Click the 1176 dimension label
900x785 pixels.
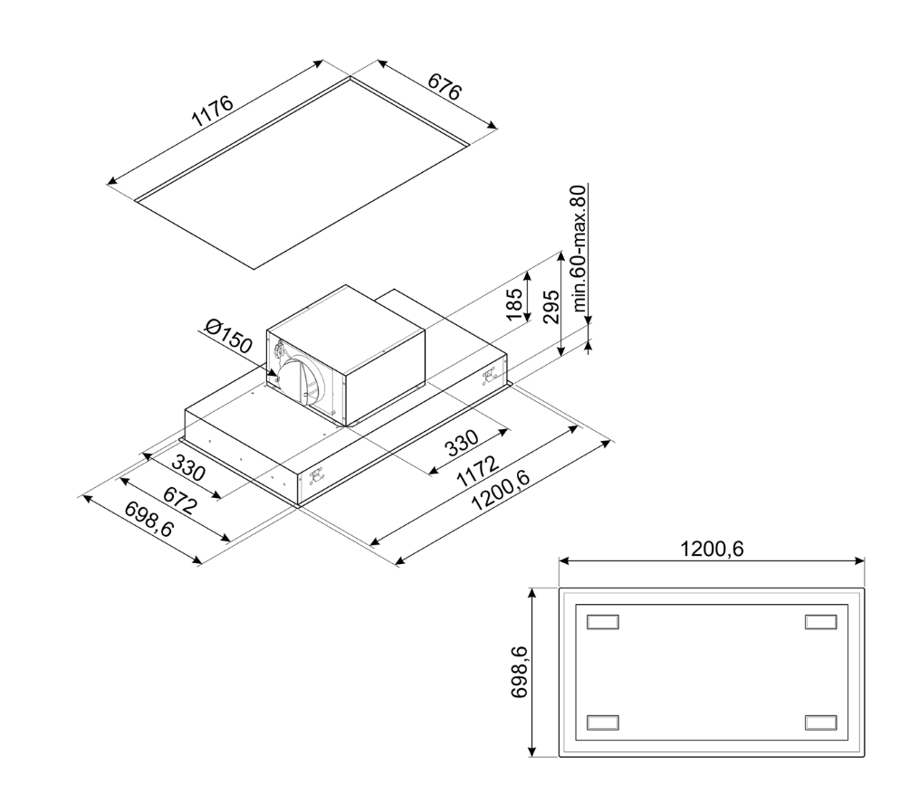point(214,110)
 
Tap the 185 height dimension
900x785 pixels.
point(515,305)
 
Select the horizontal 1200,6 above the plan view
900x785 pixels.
point(712,549)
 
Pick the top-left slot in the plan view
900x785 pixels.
point(604,622)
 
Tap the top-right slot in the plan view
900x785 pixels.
point(821,622)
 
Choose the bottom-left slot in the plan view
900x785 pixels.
point(604,722)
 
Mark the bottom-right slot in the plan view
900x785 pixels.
point(821,722)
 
